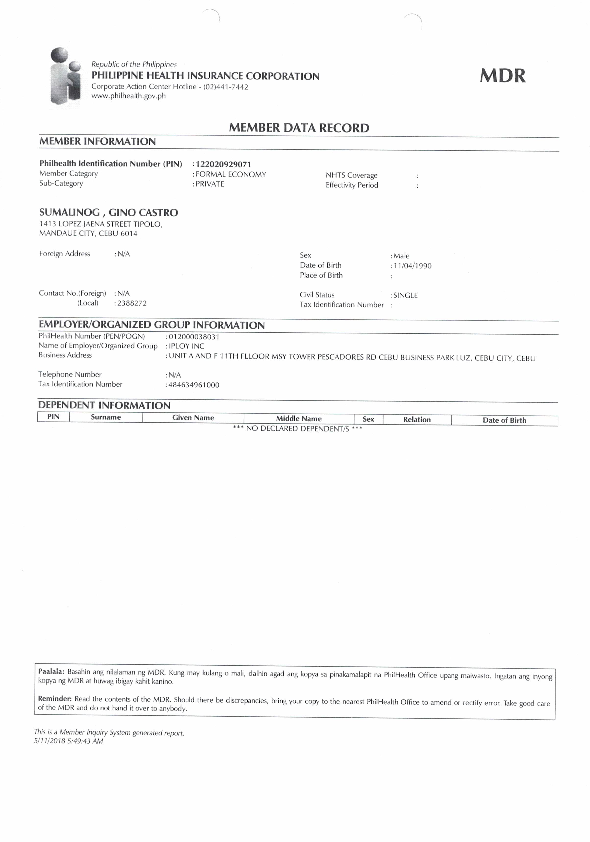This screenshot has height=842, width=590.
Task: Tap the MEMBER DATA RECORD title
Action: coord(299,128)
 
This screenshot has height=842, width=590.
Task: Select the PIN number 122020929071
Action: coord(223,164)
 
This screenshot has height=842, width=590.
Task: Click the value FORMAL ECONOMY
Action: coord(231,174)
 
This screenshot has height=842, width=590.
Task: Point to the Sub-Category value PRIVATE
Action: coord(210,184)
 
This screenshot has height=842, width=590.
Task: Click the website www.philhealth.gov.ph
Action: coord(128,96)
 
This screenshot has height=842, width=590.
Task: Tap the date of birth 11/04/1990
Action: coord(412,266)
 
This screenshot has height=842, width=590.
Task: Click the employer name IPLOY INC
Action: coord(186,346)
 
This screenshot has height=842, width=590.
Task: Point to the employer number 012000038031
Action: coord(194,337)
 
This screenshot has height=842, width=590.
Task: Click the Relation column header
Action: coord(417,420)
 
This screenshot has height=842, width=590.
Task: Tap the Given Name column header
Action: coord(193,418)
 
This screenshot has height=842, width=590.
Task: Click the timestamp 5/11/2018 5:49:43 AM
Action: coord(69,741)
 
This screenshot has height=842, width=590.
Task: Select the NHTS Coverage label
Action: coord(351,175)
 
